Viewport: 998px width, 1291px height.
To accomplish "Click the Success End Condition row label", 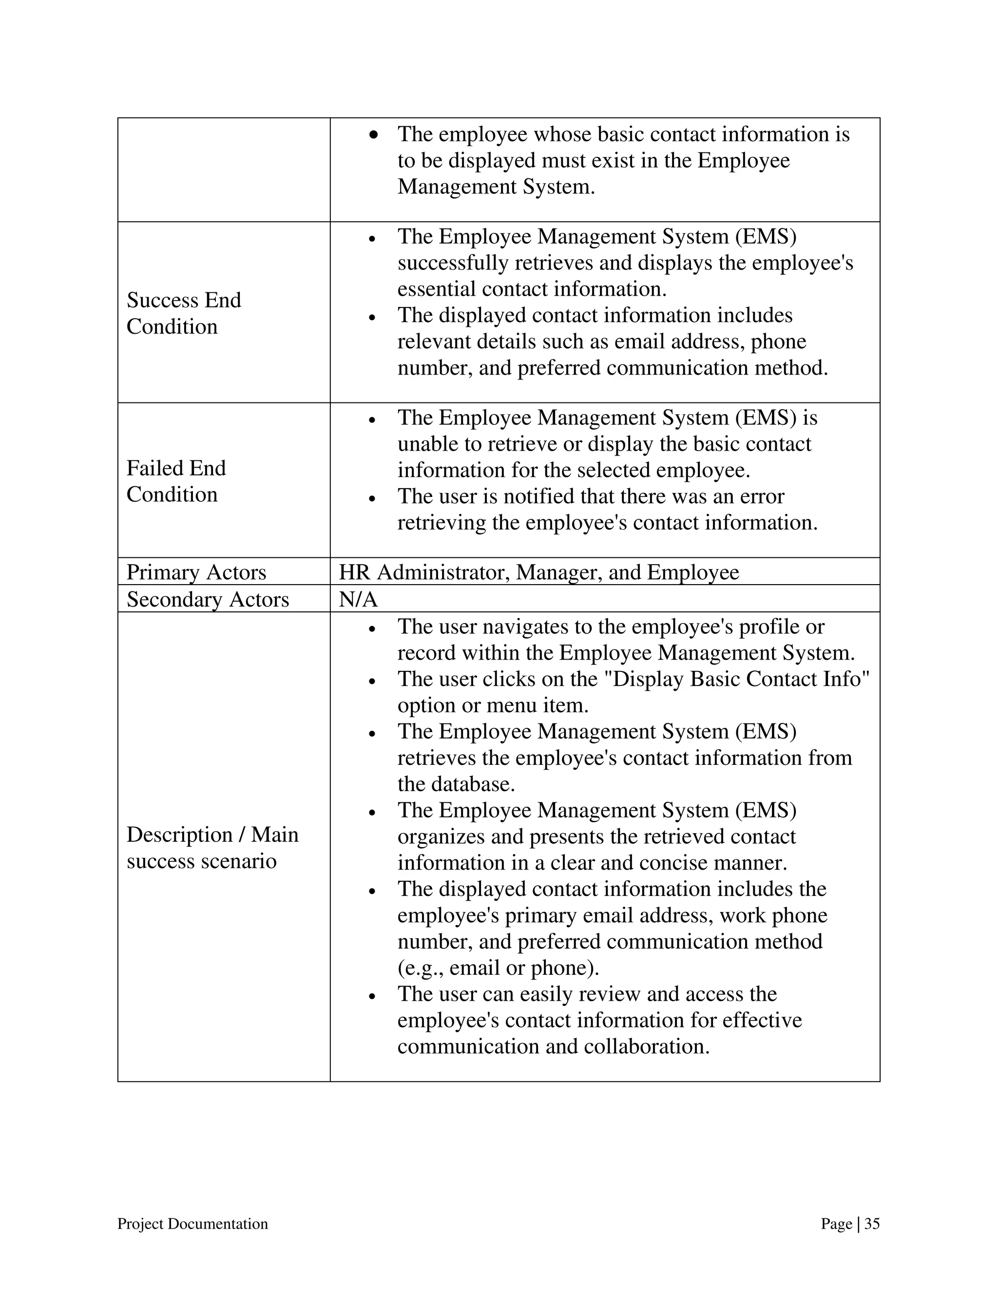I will (x=183, y=313).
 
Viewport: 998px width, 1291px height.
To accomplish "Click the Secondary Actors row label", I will (x=208, y=599).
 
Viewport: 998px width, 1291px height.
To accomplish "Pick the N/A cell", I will (x=358, y=599).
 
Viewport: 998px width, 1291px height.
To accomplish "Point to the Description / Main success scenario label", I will (x=212, y=847).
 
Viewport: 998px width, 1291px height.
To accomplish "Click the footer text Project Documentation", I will (x=192, y=1224).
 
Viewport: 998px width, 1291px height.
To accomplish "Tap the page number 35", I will (x=871, y=1224).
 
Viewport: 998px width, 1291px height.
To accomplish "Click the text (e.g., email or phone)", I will (x=499, y=968).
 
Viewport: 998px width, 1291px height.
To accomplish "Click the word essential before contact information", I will (x=436, y=288).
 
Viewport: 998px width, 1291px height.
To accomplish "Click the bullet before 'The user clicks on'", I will (x=372, y=681).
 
